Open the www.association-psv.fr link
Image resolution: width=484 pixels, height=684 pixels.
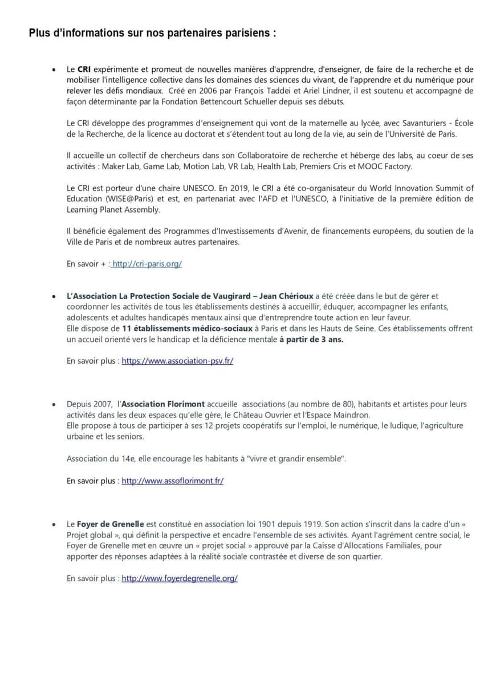[x=177, y=361]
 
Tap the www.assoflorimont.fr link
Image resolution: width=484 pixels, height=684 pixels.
[x=172, y=481]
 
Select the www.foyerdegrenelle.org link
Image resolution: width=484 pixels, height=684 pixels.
[x=180, y=578]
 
